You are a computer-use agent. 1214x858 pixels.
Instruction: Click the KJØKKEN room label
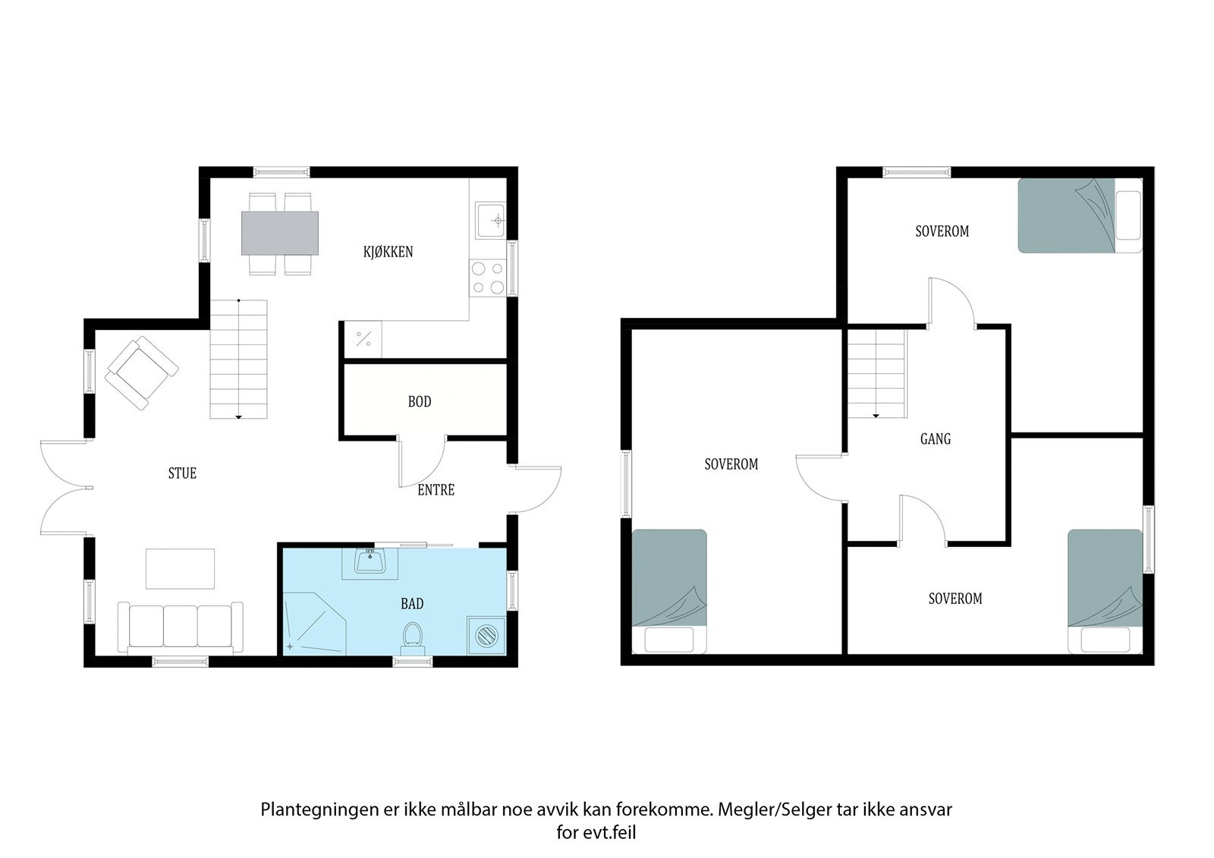coord(388,252)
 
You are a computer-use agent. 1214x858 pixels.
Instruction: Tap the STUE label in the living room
coord(182,473)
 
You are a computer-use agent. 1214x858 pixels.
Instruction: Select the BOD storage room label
coord(420,402)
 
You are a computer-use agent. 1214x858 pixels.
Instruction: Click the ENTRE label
coord(436,490)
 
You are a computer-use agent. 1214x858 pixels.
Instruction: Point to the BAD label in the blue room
coord(412,604)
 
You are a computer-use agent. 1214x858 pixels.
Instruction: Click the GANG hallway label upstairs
coord(935,438)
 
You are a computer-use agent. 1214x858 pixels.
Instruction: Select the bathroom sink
coord(370,562)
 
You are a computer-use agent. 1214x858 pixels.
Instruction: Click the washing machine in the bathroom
coord(485,634)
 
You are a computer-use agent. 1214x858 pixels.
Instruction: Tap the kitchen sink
coord(490,220)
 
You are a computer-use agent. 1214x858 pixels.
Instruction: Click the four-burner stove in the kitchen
coord(487,277)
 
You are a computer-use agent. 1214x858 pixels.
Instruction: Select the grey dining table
coord(280,233)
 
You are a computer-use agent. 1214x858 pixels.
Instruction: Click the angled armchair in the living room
coord(143,373)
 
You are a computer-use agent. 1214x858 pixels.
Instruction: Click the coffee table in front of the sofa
coord(181,569)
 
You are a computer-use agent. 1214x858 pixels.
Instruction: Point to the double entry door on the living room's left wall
coord(64,489)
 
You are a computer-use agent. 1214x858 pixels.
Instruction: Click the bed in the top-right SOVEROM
coord(1080,215)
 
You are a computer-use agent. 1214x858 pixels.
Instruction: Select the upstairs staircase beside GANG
coord(877,373)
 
